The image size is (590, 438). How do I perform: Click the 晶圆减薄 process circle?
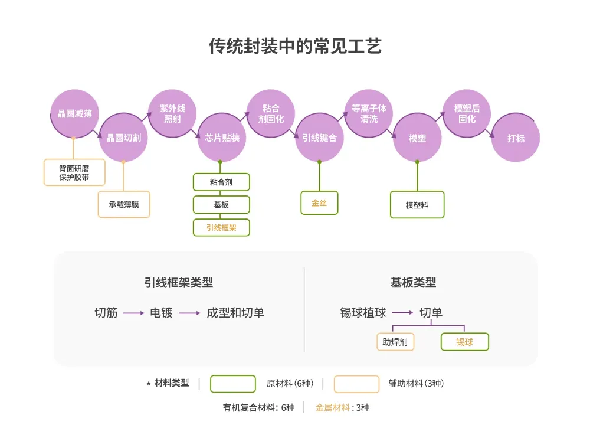point(74,113)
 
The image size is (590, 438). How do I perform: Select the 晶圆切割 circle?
point(123,138)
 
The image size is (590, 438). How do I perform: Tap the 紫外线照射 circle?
point(172,113)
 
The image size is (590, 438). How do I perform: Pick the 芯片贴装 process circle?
point(221,138)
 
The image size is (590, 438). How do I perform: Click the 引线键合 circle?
point(319,138)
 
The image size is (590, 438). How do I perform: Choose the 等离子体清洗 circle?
point(368,113)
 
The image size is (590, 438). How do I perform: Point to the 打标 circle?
point(516,138)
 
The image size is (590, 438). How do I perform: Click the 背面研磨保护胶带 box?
point(74,172)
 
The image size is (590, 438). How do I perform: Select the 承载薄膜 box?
point(124,204)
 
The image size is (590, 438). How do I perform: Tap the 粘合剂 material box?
point(221,182)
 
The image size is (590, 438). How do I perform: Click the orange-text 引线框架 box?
point(221,227)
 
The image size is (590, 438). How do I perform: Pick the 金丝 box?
point(319,202)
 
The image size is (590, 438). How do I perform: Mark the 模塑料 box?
point(417,205)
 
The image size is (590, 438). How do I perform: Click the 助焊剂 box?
point(395,342)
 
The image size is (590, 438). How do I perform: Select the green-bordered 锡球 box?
point(465,342)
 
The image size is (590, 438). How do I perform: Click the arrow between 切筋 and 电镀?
point(134,313)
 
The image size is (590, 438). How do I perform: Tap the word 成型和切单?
point(235,313)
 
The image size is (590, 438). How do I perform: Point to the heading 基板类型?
point(413,283)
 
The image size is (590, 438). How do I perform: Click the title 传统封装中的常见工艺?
point(295,46)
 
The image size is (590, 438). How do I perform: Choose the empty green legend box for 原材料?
point(233,384)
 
